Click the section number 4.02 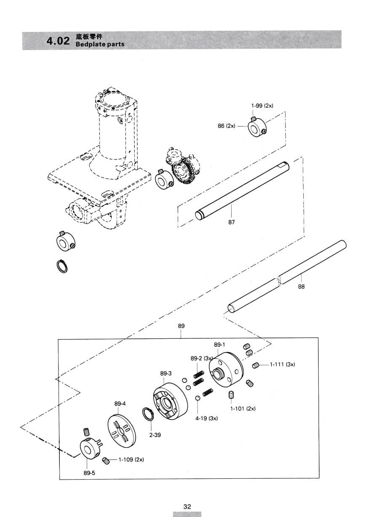point(58,41)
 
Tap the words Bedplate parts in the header point(100,44)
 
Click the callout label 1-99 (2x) point(262,106)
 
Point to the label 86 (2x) point(227,126)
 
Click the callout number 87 point(232,222)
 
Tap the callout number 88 point(301,287)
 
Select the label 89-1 point(219,345)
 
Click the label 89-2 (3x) point(202,359)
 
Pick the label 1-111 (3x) point(283,364)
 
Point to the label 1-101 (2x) point(243,409)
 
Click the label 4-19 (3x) point(206,419)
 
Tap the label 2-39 point(155,435)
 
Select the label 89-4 point(120,404)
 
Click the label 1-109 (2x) point(131,459)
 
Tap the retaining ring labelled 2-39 point(147,415)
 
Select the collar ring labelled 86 point(257,127)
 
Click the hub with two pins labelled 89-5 point(90,448)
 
